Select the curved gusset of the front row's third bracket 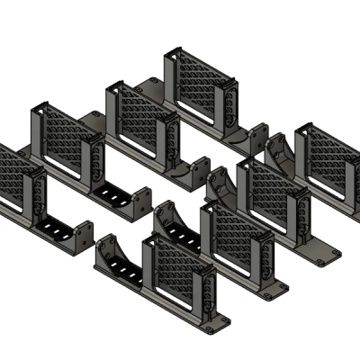click(x=221, y=185)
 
